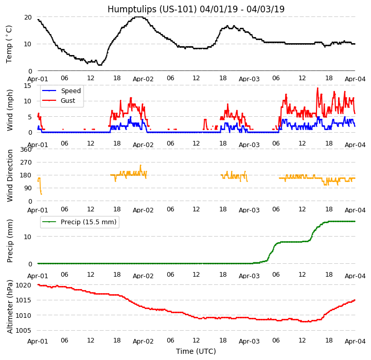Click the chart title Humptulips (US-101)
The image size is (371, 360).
coord(196,9)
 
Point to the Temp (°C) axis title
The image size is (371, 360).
coord(9,44)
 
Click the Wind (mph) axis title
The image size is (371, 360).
coord(10,110)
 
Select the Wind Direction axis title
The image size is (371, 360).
coord(10,175)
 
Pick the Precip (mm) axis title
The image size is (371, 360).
coord(10,241)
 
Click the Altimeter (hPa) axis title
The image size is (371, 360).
coord(10,307)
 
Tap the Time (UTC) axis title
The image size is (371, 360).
coord(196,351)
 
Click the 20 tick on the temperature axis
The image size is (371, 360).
coord(28,17)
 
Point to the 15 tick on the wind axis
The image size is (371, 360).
coord(28,85)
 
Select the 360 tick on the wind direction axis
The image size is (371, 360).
coord(25,149)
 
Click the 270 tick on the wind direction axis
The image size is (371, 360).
coord(25,163)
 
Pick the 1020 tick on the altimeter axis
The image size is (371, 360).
coord(23,285)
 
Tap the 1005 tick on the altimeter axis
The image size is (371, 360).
coord(23,331)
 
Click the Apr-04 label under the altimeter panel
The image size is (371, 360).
coord(355,341)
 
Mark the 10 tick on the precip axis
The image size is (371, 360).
coord(28,237)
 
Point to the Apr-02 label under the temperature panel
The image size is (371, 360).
coord(143,79)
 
